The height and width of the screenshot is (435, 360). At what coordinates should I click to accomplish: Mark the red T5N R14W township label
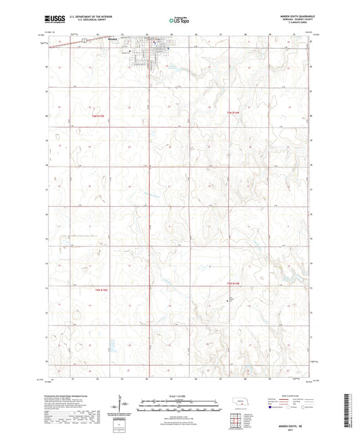(x=234, y=282)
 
